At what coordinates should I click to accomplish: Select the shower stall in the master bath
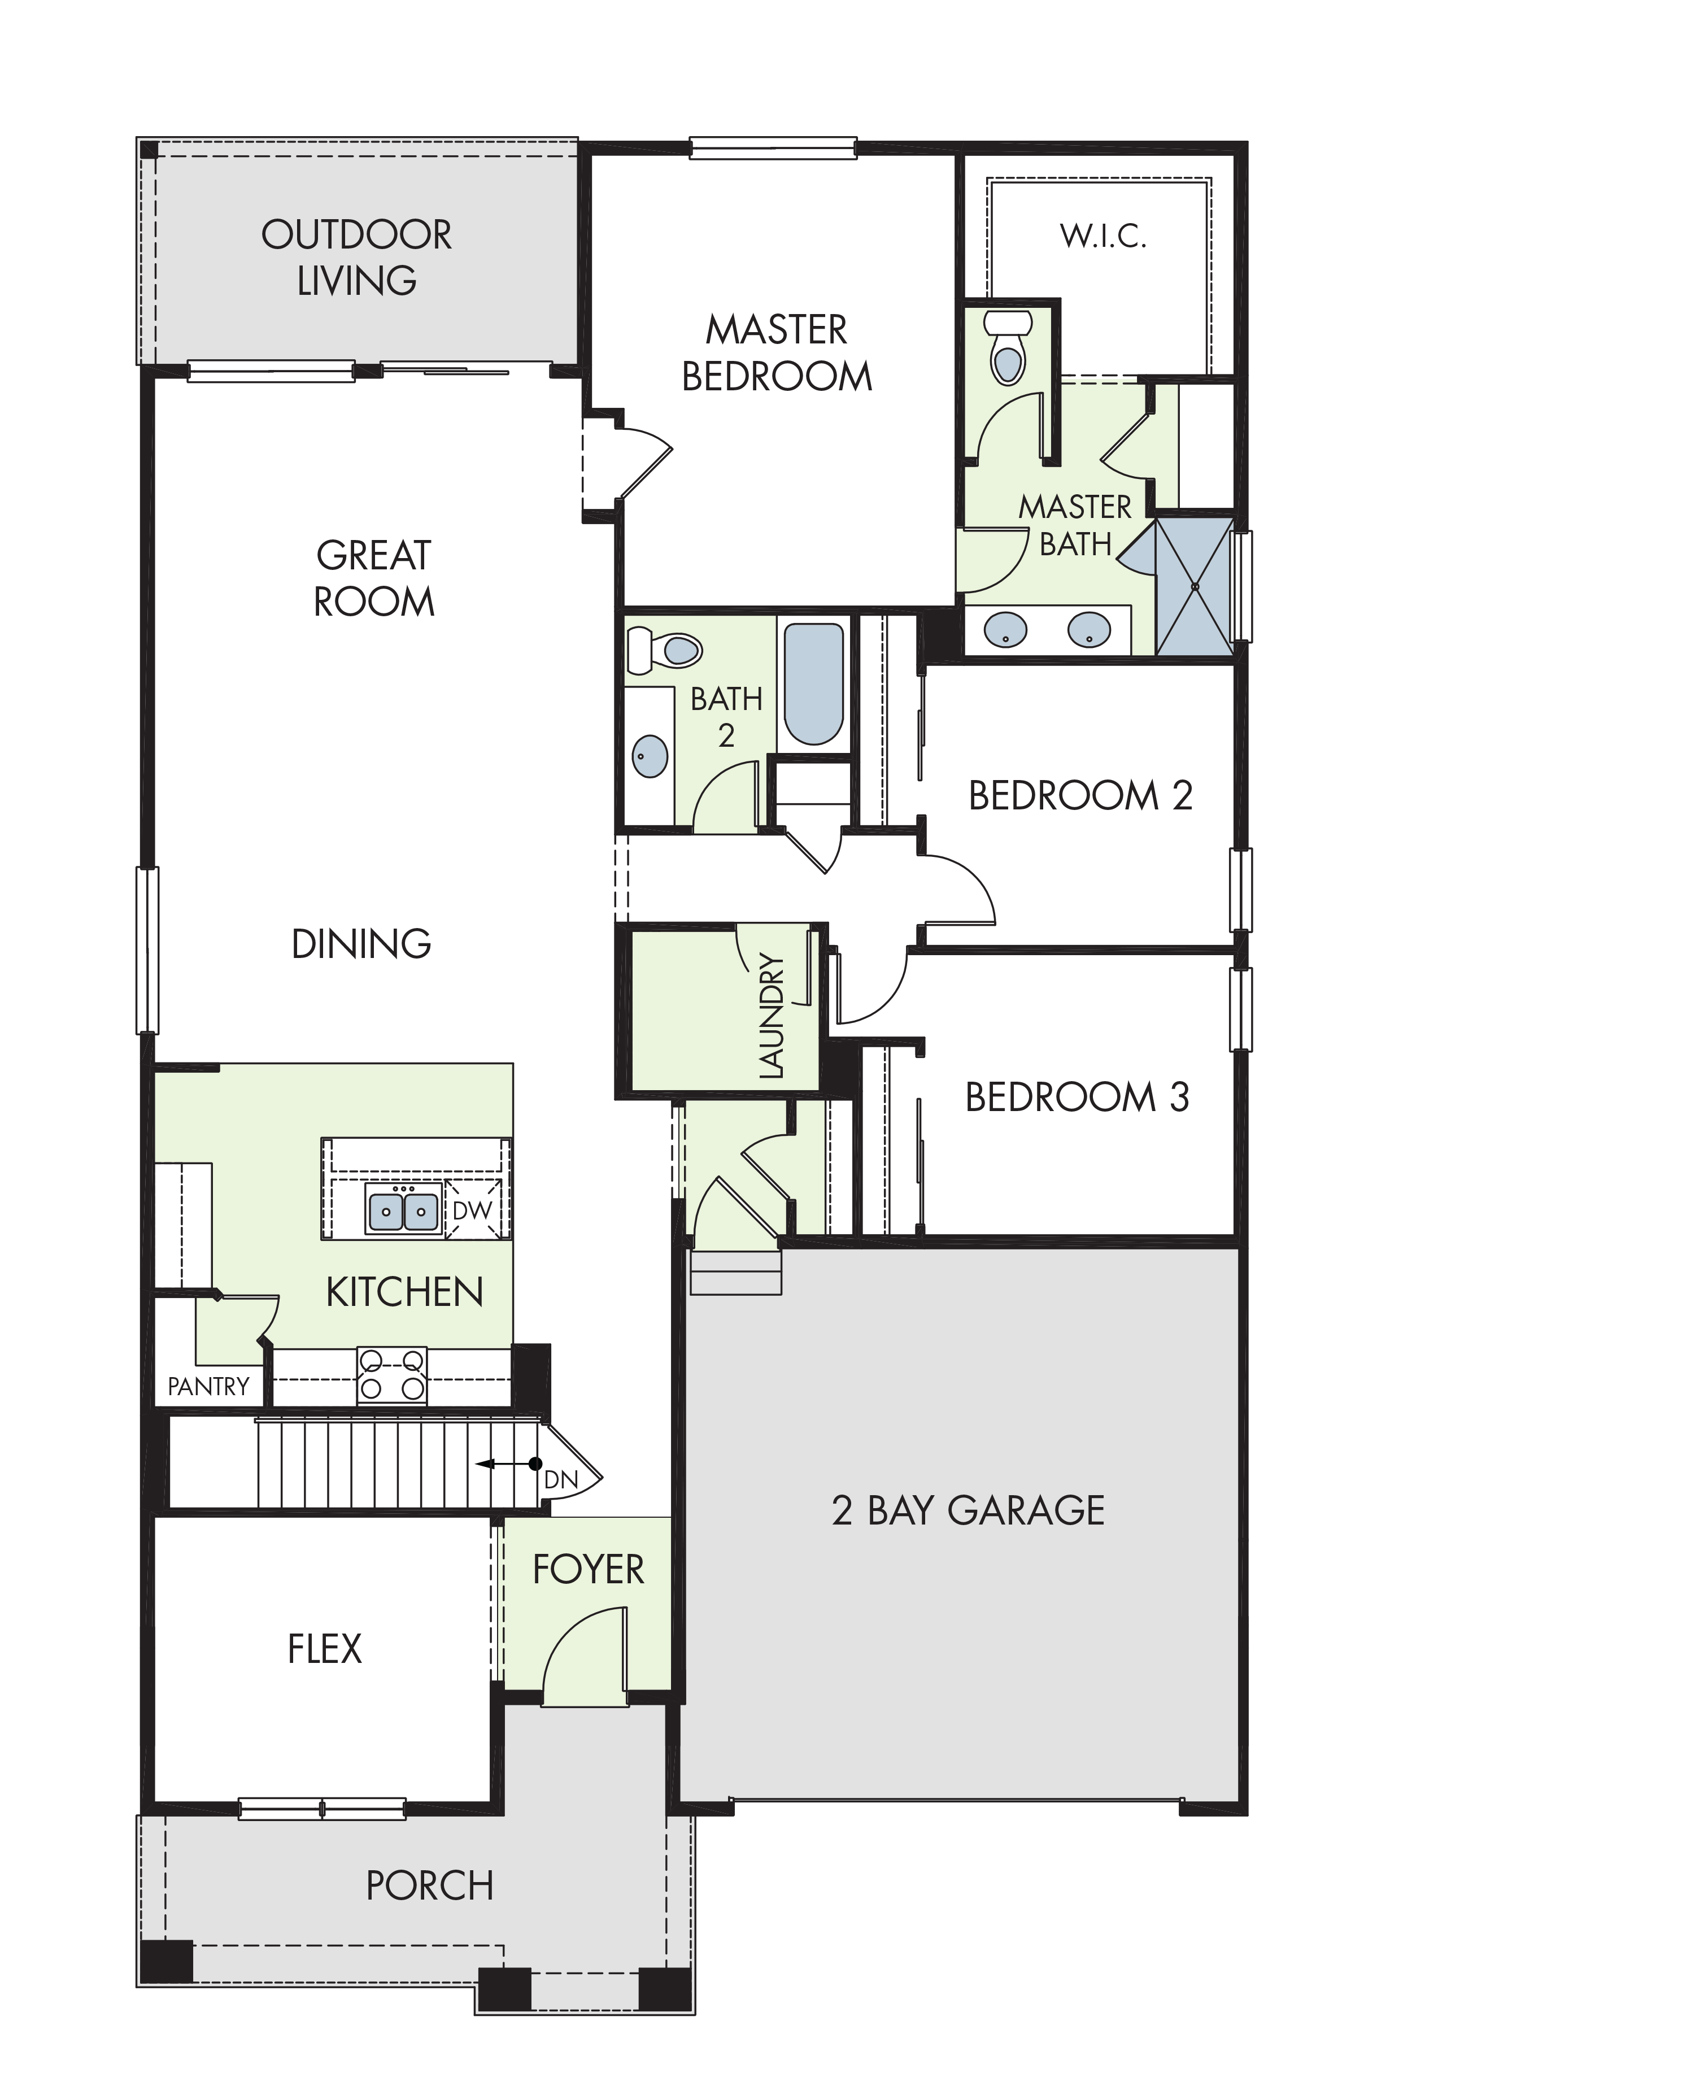pyautogui.click(x=1195, y=587)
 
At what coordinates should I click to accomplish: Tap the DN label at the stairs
pyautogui.click(x=561, y=1479)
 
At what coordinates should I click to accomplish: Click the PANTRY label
pyautogui.click(x=208, y=1386)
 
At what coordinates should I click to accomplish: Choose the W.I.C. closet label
pyautogui.click(x=1104, y=236)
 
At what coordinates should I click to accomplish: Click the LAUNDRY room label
pyautogui.click(x=771, y=1016)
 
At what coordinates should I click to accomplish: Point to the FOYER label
pyautogui.click(x=588, y=1569)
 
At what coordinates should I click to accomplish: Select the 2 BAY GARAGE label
pyautogui.click(x=968, y=1510)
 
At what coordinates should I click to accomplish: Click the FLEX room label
pyautogui.click(x=325, y=1649)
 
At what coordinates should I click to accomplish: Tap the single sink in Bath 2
pyautogui.click(x=650, y=756)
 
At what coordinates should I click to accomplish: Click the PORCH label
pyautogui.click(x=430, y=1885)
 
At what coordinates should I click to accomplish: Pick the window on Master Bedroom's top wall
pyautogui.click(x=773, y=148)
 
